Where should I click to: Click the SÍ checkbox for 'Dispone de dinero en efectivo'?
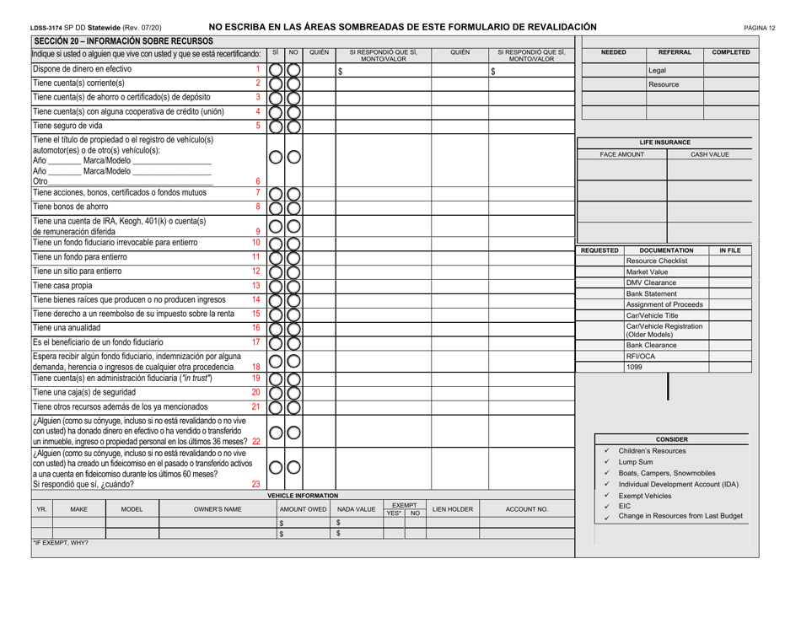[x=276, y=70]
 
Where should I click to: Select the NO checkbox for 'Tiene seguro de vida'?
[x=293, y=127]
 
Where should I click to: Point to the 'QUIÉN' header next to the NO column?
[x=316, y=51]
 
